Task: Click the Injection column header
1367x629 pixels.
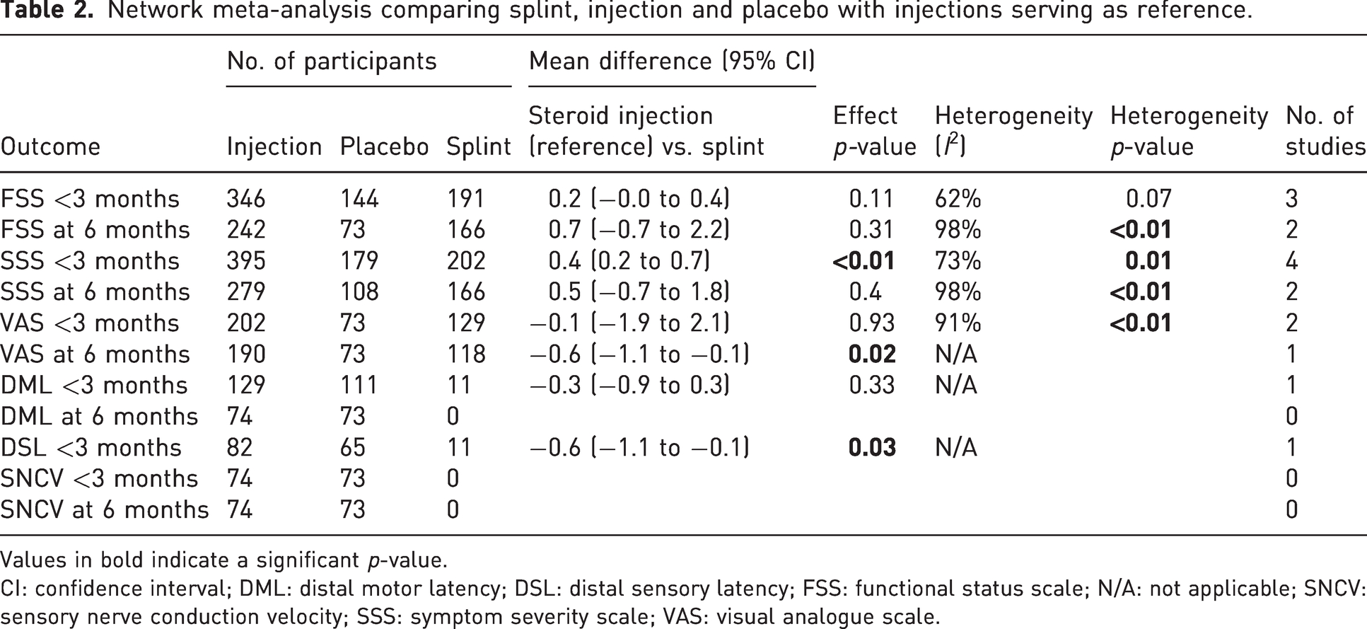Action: tap(274, 146)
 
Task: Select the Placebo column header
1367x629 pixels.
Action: tap(384, 146)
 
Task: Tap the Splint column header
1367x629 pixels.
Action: tap(479, 146)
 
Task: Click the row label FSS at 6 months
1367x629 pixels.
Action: tap(95, 230)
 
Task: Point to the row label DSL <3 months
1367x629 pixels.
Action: tap(91, 448)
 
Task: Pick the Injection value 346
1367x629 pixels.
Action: tap(246, 199)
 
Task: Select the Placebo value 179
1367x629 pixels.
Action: tap(359, 261)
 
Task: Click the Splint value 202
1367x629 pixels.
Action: tap(466, 261)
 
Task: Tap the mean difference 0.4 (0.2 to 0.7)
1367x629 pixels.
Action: tap(629, 261)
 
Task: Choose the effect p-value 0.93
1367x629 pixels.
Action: tap(872, 323)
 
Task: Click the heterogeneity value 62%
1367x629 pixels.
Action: tap(958, 199)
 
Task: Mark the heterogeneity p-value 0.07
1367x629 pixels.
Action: tap(1149, 199)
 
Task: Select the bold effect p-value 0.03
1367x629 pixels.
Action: tap(872, 448)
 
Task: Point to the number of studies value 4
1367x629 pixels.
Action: tap(1292, 261)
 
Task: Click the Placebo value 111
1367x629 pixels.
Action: tap(359, 386)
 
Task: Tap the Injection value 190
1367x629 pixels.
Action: tap(246, 354)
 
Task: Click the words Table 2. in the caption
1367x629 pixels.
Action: tap(47, 12)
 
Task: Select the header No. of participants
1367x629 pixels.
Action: tap(332, 62)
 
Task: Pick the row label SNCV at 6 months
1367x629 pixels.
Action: tap(105, 510)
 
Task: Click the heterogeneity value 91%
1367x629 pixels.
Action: tap(958, 323)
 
